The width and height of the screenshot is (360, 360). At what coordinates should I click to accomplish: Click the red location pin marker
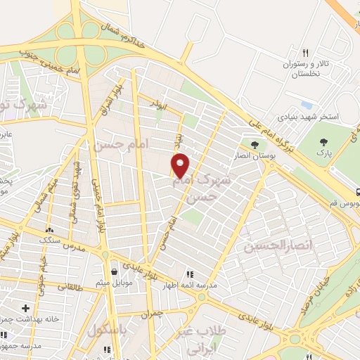point(181,165)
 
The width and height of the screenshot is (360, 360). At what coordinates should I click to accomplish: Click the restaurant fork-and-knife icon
point(305,53)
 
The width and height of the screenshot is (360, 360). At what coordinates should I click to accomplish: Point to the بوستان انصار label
point(251,155)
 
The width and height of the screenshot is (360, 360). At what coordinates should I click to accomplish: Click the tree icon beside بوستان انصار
point(254,145)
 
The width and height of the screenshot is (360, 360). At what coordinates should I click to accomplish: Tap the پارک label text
point(323,153)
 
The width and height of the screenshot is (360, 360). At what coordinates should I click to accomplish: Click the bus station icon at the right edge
point(358,191)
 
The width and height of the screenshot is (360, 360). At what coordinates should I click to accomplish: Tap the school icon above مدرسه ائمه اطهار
point(188,274)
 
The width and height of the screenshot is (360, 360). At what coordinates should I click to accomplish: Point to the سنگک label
point(51,240)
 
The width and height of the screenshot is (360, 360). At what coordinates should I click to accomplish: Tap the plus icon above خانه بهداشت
point(25,308)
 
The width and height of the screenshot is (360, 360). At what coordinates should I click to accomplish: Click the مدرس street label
point(74,249)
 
